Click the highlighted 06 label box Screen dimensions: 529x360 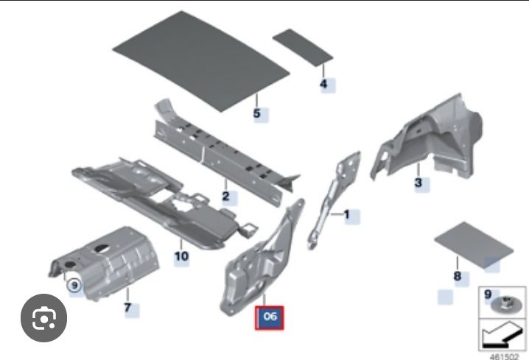pos(269,317)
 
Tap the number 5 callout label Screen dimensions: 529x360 pos(257,113)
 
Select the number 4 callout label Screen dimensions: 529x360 pos(323,84)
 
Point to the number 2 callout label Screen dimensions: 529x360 pos(225,196)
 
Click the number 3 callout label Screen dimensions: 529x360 pos(418,183)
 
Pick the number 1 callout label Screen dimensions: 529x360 pos(346,214)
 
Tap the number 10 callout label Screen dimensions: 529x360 pos(181,256)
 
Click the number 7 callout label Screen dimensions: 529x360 pos(127,308)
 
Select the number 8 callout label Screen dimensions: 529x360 pos(457,276)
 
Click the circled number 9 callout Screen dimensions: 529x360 pos(74,286)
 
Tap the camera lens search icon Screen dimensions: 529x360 pos(44,318)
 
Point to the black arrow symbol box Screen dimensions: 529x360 pos(502,335)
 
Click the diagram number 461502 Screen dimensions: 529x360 pos(504,356)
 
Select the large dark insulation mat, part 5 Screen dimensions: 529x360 pos(201,61)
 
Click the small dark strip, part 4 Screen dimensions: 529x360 pos(303,48)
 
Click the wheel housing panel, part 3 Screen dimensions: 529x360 pos(429,138)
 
